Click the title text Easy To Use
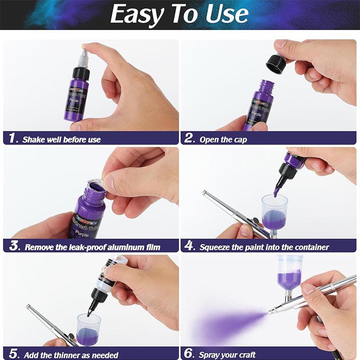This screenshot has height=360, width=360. (x=179, y=14)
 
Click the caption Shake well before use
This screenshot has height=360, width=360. (x=62, y=139)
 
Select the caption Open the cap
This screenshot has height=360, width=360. (x=223, y=139)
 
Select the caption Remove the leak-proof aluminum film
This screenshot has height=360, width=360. (x=92, y=247)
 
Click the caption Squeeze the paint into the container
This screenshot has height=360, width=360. (x=264, y=247)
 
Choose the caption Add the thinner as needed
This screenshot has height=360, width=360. (x=71, y=355)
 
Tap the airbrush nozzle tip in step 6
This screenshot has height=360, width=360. (x=271, y=312)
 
